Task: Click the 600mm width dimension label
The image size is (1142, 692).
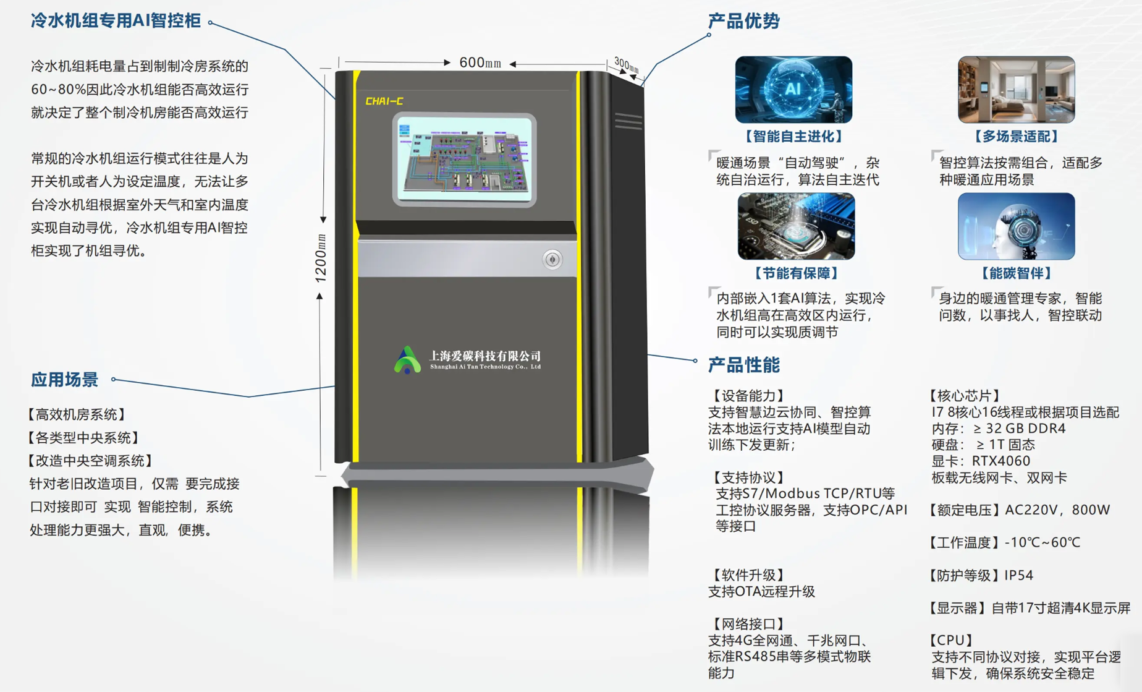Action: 480,63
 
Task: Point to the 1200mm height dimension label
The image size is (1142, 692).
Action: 321,258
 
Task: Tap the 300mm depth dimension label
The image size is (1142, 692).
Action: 626,65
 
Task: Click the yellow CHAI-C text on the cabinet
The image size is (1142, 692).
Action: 384,101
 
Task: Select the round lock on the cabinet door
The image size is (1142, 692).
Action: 552,260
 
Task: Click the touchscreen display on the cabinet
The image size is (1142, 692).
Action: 464,160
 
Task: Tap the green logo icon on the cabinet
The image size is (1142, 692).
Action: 407,360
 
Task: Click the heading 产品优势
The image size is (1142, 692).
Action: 743,21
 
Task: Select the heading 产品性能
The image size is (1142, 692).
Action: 743,365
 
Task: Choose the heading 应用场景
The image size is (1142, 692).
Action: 65,380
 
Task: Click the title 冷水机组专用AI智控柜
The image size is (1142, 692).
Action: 116,21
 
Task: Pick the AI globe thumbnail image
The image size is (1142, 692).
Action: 793,90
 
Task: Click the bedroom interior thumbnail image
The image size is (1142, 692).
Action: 1016,90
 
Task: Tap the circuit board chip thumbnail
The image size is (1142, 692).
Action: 796,226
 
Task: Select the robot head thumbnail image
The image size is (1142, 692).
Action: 1016,226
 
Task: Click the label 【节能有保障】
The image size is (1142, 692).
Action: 796,273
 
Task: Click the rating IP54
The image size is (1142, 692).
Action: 1018,576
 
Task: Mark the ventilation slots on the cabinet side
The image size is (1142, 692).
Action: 628,121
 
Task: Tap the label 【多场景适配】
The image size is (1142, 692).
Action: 1016,137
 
